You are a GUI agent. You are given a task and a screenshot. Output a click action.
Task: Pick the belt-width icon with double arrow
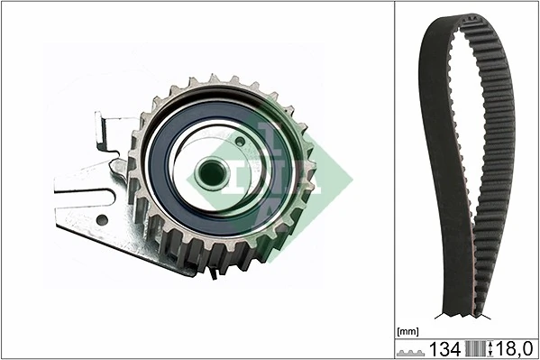(x=476, y=348)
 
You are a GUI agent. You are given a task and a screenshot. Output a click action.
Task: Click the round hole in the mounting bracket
(x=102, y=219)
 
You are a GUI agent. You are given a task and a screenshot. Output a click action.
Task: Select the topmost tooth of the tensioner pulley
(x=214, y=81)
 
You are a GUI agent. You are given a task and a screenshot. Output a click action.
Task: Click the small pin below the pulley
(x=213, y=273)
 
